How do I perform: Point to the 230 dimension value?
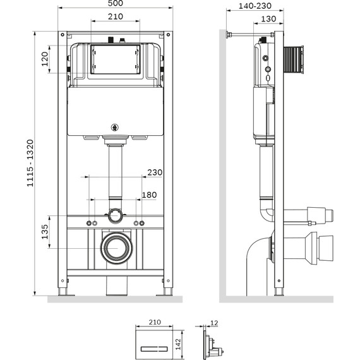pos(154,172)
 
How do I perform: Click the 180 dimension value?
pos(149,195)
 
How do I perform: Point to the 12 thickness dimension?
pos(214,323)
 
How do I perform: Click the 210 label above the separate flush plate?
pos(153,322)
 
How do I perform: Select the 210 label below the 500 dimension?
pos(115,17)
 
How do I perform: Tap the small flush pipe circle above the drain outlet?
pos(115,216)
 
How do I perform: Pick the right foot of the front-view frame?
pos(168,292)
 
